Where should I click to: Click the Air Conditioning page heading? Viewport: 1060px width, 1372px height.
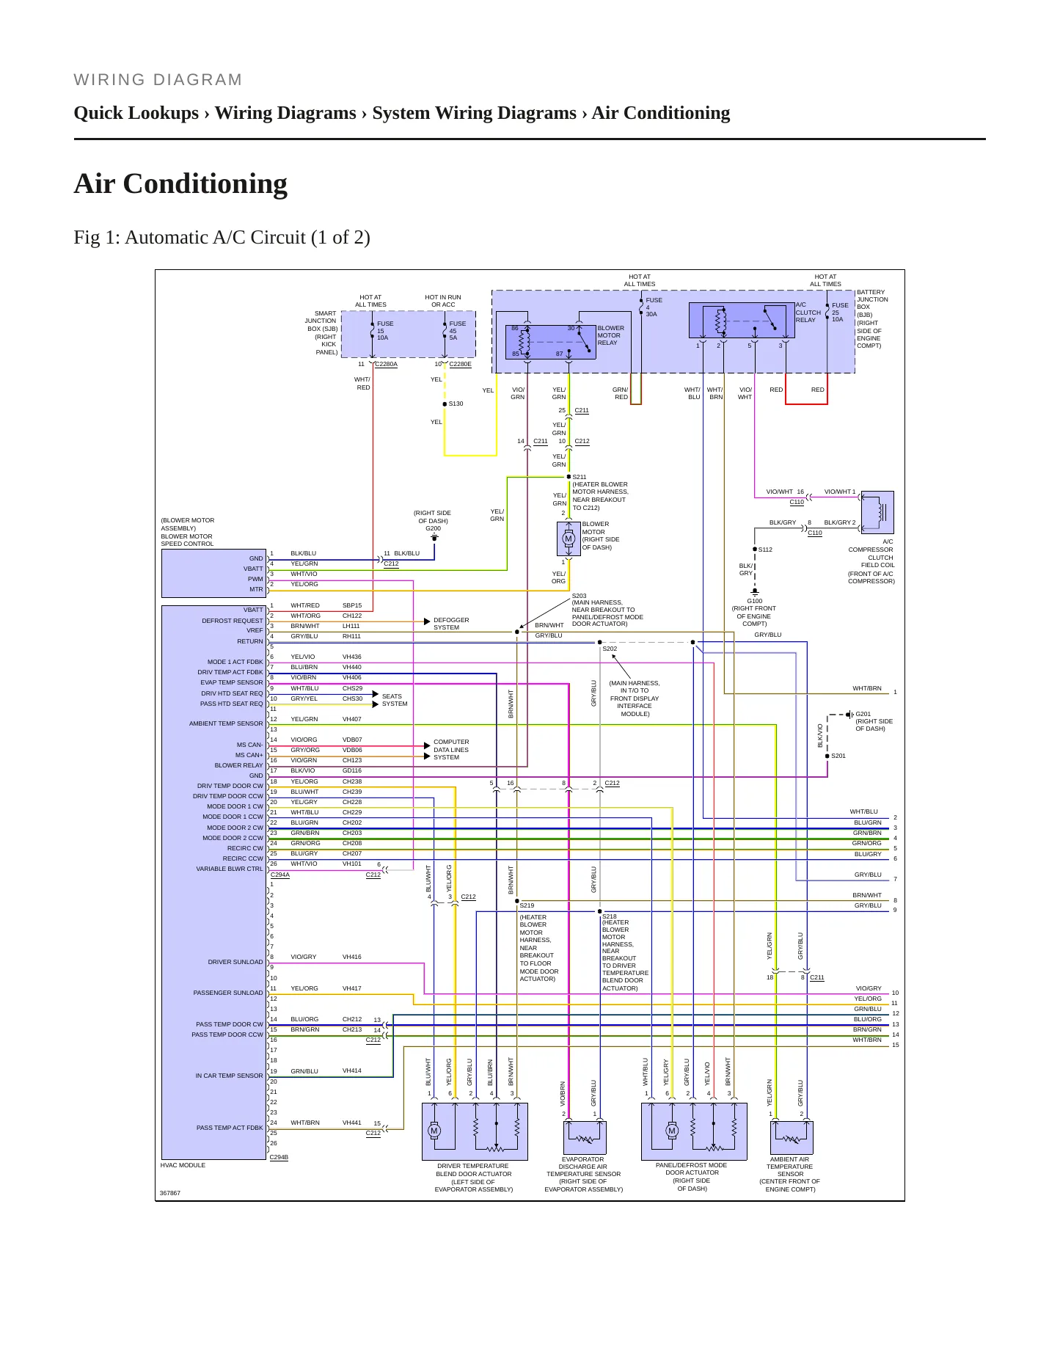180,183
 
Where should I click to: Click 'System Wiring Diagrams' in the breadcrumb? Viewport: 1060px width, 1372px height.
474,113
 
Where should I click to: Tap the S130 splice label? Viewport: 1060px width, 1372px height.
456,404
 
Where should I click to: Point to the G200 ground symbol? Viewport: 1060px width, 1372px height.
434,538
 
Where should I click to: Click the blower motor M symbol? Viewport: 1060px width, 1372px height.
568,539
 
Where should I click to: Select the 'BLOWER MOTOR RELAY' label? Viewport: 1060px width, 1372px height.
610,335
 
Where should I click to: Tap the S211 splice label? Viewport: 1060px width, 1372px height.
580,477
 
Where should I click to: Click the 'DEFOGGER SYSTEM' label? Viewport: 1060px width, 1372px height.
451,624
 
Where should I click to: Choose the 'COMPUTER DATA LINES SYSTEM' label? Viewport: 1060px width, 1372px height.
451,749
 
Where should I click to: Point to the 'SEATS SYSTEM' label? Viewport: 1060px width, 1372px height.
395,700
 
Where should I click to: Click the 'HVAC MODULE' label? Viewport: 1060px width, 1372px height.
183,1165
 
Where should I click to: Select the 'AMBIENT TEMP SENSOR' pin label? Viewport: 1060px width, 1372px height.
226,723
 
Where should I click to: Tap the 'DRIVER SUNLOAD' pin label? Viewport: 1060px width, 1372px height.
235,962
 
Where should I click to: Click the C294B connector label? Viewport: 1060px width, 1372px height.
279,1157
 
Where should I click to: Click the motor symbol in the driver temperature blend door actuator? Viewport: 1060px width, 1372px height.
434,1131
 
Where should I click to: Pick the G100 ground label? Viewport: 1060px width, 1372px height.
754,601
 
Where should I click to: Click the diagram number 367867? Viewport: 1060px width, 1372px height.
170,1193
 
